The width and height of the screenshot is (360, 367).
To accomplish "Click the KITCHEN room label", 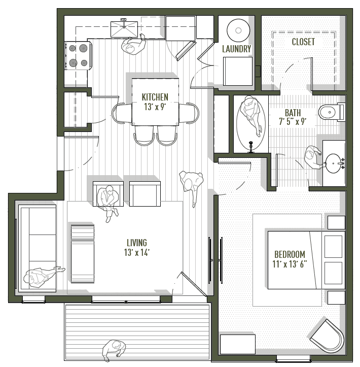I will pyautogui.click(x=155, y=97).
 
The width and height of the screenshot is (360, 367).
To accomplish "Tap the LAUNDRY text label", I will pyautogui.click(x=236, y=49).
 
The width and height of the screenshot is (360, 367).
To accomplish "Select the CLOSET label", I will pyautogui.click(x=303, y=42).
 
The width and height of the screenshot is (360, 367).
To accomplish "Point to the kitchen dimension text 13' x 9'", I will pyautogui.click(x=155, y=107).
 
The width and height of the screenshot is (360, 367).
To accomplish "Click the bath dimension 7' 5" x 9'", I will pyautogui.click(x=293, y=122).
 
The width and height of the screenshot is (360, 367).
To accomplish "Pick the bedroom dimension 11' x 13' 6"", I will pyautogui.click(x=290, y=264).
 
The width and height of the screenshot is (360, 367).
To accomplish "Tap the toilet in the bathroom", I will pyautogui.click(x=331, y=112).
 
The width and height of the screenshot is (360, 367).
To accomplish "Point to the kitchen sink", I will pyautogui.click(x=123, y=28).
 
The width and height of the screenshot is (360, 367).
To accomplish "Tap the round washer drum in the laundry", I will pyautogui.click(x=236, y=29).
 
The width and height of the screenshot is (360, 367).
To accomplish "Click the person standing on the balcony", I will pyautogui.click(x=113, y=350).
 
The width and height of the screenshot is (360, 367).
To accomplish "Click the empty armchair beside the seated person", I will pyautogui.click(x=145, y=193).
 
